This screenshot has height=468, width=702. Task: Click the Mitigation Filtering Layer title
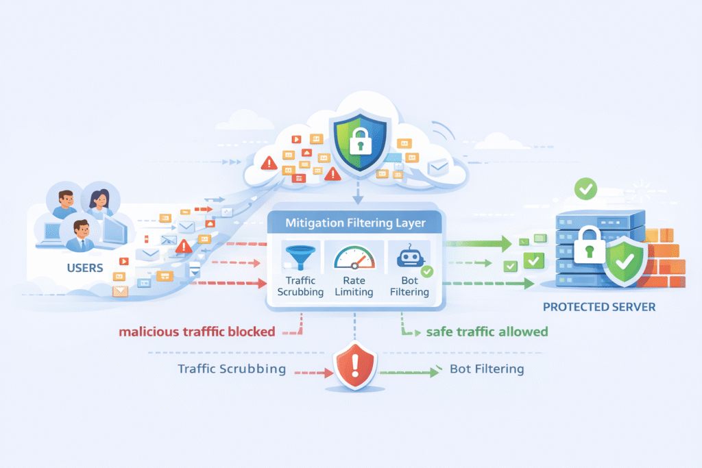[354, 222]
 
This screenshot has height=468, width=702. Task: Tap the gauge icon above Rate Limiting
[354, 258]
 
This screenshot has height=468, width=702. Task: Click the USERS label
[85, 267]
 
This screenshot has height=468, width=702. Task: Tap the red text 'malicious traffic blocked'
[197, 332]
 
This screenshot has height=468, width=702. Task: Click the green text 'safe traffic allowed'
[487, 332]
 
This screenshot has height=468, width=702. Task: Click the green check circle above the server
[585, 188]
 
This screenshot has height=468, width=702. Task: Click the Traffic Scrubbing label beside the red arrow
[232, 369]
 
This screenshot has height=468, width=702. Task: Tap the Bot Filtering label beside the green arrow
[487, 369]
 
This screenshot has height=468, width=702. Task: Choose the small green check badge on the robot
[426, 272]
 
